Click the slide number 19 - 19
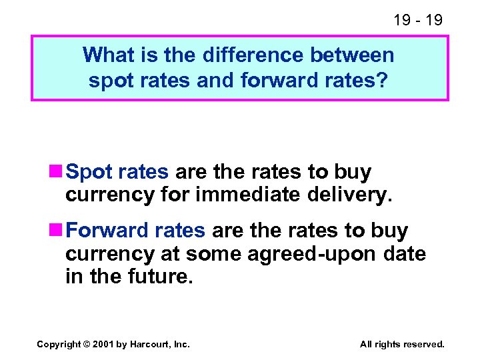tap(418, 20)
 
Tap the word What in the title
tap(105, 55)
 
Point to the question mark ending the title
tap(386, 80)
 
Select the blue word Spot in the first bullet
tap(89, 173)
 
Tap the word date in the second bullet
tap(405, 254)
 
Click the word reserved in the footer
tap(421, 344)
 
